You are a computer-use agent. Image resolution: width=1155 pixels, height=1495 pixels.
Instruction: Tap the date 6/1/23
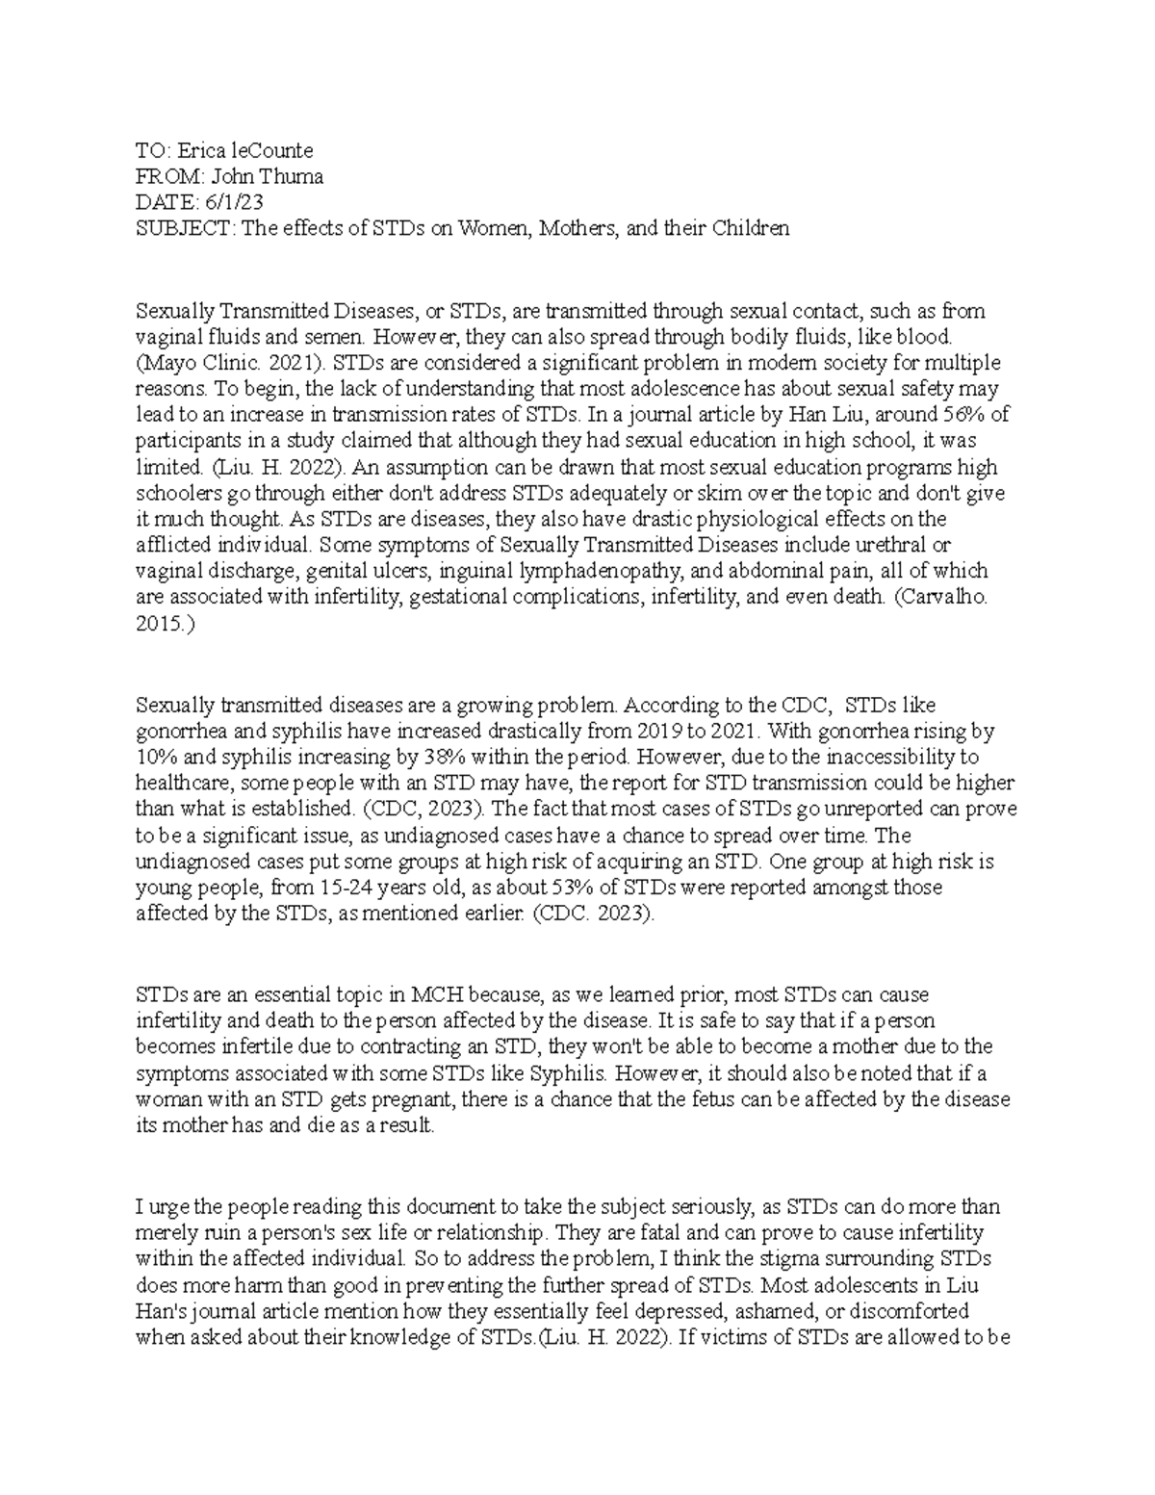coord(231,203)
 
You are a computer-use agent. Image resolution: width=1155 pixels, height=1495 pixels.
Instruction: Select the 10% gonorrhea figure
coord(157,758)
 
